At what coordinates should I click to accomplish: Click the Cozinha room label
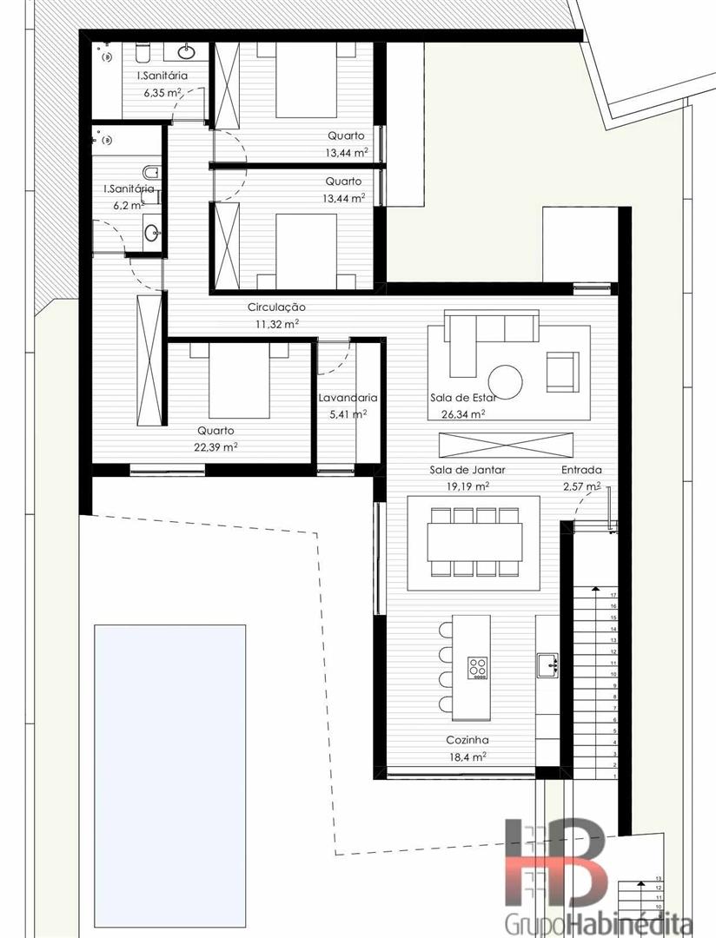[x=467, y=740]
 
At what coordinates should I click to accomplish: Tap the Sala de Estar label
[x=463, y=397]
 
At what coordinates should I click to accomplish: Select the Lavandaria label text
[x=348, y=397]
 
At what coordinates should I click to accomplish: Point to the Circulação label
[x=276, y=307]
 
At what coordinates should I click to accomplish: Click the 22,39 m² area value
[x=215, y=446]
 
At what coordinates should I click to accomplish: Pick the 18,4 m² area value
[x=467, y=756]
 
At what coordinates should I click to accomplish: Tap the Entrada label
[x=581, y=470]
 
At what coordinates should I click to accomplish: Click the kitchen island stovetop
[x=478, y=668]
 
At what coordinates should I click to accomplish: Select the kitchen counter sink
[x=547, y=664]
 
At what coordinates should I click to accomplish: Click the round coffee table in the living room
[x=505, y=381]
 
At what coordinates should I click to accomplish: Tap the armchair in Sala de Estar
[x=563, y=372]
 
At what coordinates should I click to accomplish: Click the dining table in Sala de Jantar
[x=474, y=542]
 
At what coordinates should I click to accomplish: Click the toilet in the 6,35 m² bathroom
[x=143, y=53]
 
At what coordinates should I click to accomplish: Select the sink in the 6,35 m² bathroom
[x=187, y=52]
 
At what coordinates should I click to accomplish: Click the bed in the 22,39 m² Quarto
[x=239, y=380]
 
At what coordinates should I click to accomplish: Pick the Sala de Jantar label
[x=467, y=470]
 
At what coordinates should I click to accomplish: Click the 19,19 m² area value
[x=467, y=486]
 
